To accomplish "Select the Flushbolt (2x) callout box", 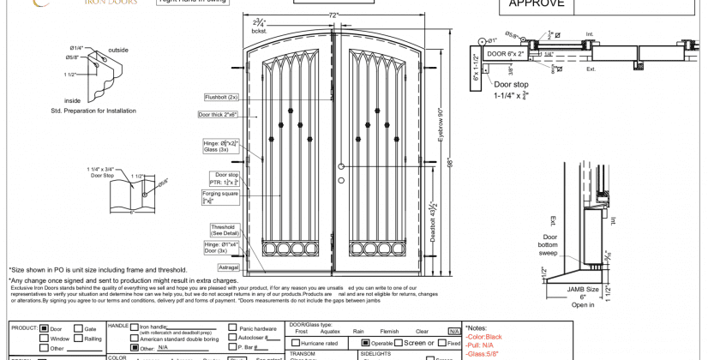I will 221,98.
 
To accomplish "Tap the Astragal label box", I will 229,267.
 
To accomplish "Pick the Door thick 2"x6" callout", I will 219,115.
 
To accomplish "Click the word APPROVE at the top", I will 537,3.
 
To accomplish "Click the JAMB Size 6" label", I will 582,293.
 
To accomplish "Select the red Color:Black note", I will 485,337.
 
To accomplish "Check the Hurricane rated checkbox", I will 294,344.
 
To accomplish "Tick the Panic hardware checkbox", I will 232,328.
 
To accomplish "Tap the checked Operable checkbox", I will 365,343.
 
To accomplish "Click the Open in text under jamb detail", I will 582,305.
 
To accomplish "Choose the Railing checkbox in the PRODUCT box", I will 78,339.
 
